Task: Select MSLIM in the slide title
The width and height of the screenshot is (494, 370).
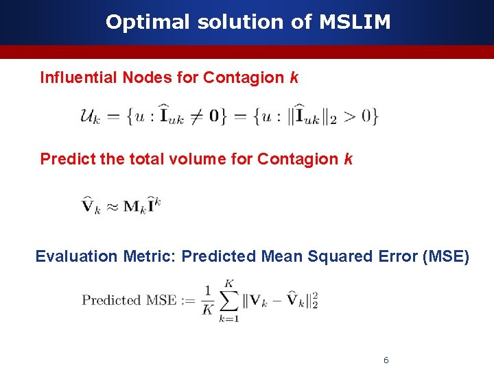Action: tap(355, 22)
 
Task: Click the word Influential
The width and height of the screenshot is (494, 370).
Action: tap(78, 77)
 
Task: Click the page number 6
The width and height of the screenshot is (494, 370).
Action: tap(386, 360)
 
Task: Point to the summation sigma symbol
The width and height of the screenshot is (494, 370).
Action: tap(230, 301)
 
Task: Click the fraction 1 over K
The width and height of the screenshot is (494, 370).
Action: tap(208, 300)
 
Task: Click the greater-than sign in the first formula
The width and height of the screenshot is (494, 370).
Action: tap(349, 116)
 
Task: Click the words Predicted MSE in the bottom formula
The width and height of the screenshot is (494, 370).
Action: tap(128, 300)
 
